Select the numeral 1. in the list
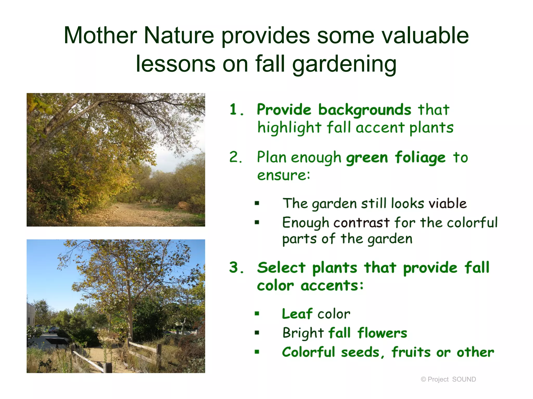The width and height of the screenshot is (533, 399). [x=236, y=109]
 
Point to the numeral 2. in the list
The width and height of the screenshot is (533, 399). [x=236, y=157]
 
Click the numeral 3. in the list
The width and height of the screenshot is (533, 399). [x=236, y=268]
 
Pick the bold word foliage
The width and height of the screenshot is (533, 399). [x=420, y=158]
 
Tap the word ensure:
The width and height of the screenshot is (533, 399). [x=284, y=175]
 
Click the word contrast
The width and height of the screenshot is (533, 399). [x=361, y=223]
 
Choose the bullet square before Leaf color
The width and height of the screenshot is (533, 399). [x=257, y=314]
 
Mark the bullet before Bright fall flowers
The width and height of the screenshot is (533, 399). [x=257, y=333]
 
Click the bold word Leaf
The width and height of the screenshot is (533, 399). [x=297, y=314]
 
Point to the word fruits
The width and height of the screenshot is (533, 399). [x=411, y=353]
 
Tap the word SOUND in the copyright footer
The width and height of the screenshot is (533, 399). [x=464, y=379]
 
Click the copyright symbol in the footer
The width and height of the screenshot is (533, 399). [x=423, y=380]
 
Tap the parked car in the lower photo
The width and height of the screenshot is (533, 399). [x=53, y=330]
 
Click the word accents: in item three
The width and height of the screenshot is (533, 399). [x=332, y=286]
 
